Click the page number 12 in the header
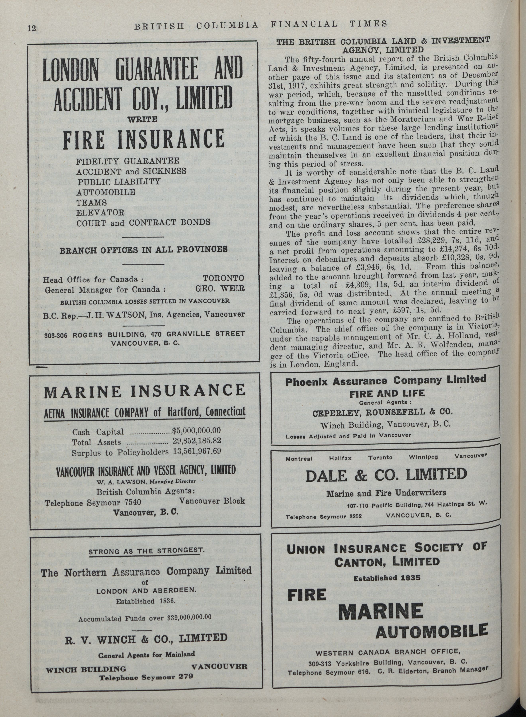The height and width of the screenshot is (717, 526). [x=31, y=28]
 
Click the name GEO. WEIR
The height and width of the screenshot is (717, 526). [x=220, y=289]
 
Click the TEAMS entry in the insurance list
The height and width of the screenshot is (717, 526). [x=92, y=202]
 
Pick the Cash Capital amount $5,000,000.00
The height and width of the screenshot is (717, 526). [x=196, y=431]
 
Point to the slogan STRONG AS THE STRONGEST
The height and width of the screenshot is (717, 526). [x=146, y=551]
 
